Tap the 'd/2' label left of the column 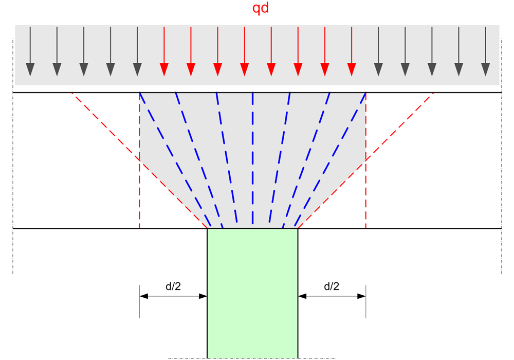point(173,286)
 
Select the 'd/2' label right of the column point(332,286)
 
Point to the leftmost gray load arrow point(30,51)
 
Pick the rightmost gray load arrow point(485,51)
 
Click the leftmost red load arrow point(164,51)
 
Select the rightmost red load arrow point(351,51)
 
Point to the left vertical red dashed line point(139,195)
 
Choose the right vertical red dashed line point(365,195)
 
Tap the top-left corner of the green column point(207,228)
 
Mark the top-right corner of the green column point(298,228)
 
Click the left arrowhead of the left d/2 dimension point(143,296)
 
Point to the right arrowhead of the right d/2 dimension point(362,296)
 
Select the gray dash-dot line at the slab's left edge point(13,154)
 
